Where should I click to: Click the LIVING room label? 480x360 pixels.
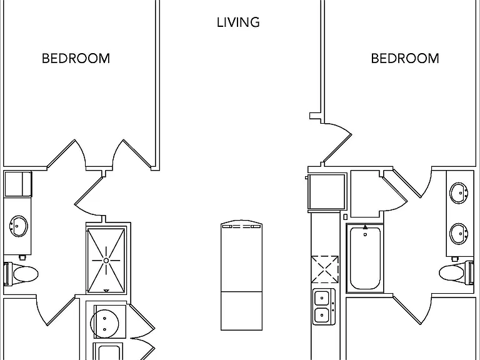(238, 22)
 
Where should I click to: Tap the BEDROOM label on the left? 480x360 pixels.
(76, 59)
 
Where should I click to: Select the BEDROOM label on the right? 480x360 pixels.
(405, 59)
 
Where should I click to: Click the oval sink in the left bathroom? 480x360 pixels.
(18, 226)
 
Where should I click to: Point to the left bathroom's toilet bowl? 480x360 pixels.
(26, 274)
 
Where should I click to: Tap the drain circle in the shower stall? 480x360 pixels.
(106, 261)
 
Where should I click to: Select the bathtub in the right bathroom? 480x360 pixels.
(365, 257)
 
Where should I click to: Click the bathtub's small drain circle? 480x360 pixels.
(365, 235)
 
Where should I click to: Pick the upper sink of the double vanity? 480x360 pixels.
(459, 193)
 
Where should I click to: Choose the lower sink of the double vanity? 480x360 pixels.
(459, 234)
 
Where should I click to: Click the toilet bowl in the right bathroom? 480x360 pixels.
(451, 272)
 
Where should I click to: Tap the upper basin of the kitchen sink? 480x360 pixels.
(322, 297)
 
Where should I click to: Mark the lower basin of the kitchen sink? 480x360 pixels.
(322, 315)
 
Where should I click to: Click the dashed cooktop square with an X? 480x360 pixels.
(325, 269)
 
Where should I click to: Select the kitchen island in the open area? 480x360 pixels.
(241, 275)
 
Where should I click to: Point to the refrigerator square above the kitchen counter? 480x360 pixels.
(327, 192)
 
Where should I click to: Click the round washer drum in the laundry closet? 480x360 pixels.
(104, 324)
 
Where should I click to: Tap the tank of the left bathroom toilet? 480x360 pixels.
(7, 274)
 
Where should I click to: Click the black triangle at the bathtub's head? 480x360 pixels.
(365, 227)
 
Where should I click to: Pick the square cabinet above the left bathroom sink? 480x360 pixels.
(17, 184)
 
